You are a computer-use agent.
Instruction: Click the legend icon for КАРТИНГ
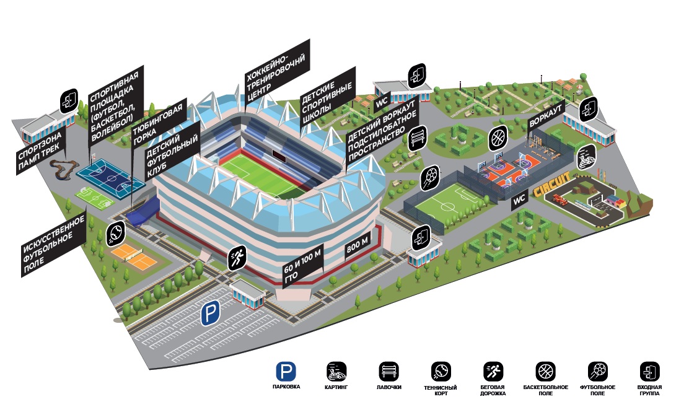(x=336, y=372)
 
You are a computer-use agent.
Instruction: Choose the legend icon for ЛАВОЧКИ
(x=389, y=372)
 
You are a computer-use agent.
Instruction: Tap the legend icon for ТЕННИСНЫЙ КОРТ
(x=441, y=372)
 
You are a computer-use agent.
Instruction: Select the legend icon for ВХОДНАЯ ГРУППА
(x=649, y=372)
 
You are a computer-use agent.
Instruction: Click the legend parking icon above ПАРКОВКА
(x=286, y=372)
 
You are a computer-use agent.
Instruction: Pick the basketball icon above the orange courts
(x=498, y=138)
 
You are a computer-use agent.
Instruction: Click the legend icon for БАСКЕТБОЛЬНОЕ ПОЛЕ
(x=545, y=372)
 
